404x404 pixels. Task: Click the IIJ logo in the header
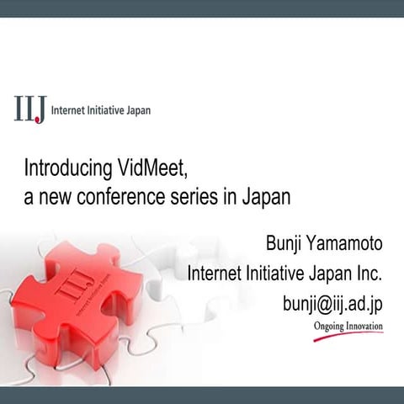[x=30, y=109]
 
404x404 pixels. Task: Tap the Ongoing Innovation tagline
[x=348, y=325]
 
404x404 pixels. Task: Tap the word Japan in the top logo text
[x=137, y=110]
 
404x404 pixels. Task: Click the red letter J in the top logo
[x=40, y=110]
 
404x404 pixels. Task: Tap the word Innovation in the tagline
[x=363, y=325]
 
